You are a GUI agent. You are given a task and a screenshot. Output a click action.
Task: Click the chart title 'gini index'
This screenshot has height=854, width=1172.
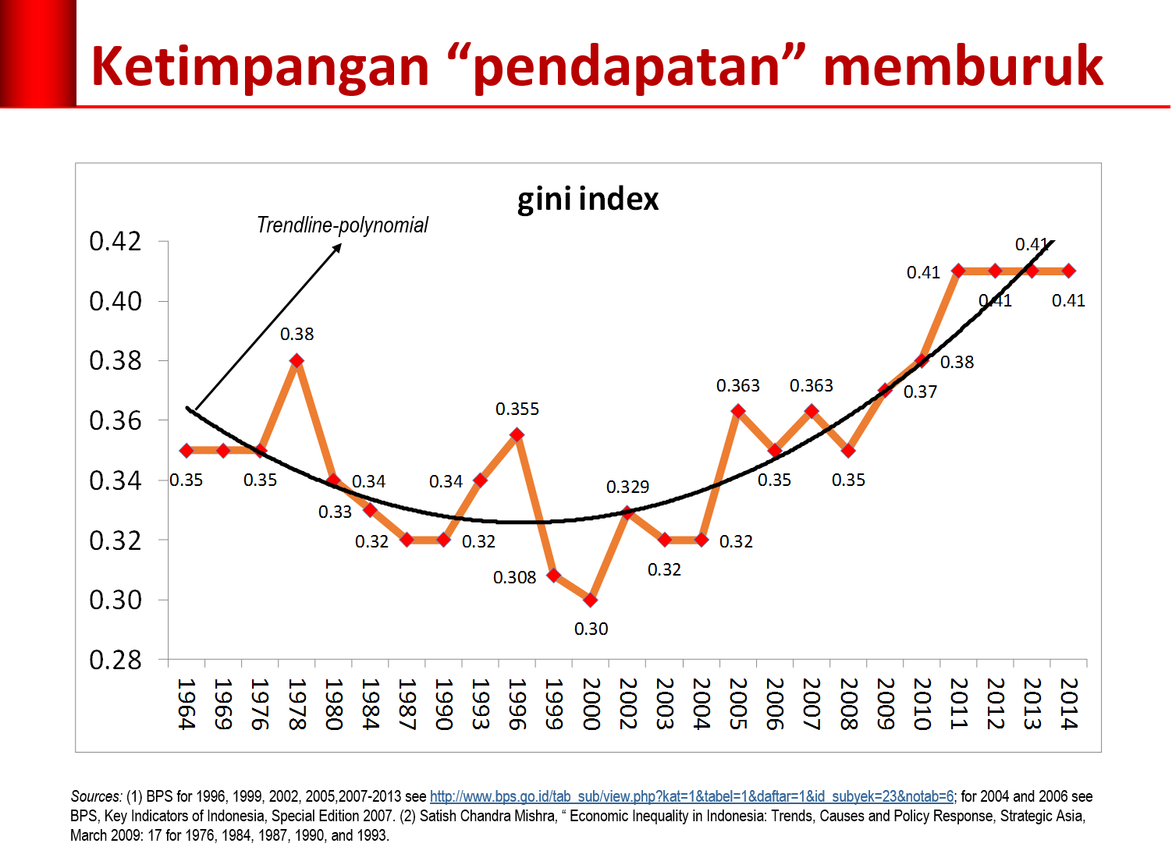point(588,200)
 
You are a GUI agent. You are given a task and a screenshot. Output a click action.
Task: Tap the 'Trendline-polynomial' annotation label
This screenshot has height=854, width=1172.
point(343,225)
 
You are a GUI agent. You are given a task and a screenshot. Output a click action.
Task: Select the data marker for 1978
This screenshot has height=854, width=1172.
point(297,360)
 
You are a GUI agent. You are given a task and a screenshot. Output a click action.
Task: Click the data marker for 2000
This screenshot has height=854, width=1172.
point(591,600)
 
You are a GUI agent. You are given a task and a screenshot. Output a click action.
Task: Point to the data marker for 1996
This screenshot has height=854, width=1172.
point(517,434)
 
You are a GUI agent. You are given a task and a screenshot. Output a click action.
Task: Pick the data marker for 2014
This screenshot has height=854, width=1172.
point(1068,271)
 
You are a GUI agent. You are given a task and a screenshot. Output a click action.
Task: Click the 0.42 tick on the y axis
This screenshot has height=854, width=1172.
point(115,242)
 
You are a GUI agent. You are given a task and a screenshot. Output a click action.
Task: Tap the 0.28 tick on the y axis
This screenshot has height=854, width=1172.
point(115,661)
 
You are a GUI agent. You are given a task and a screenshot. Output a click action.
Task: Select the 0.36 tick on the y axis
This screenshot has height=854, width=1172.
point(115,421)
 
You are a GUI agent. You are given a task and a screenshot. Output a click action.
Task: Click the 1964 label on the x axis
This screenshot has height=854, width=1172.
point(186,703)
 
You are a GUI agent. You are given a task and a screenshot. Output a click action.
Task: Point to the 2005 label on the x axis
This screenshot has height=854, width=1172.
point(737,703)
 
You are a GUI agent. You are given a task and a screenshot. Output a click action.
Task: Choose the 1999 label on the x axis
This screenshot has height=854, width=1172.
point(553,703)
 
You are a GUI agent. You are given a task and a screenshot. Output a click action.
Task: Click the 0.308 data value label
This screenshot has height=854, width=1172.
point(514,578)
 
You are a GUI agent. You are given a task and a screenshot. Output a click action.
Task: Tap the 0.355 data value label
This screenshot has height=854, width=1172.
point(517,409)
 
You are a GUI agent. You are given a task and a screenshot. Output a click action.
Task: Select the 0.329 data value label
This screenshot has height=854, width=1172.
point(627,487)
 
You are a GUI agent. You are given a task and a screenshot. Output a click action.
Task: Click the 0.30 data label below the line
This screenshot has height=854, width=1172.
point(591,629)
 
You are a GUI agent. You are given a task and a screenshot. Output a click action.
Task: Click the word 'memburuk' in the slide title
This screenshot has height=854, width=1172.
point(963,66)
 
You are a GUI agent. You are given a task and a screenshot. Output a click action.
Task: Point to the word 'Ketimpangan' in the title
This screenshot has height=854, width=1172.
point(260,66)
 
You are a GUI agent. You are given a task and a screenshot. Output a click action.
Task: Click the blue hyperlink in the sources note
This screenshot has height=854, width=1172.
point(691,797)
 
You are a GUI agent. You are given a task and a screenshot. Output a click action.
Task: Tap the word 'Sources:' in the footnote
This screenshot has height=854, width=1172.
point(96,797)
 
